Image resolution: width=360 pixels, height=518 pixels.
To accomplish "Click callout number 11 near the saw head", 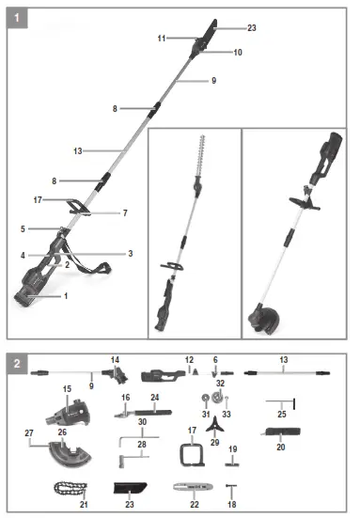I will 162,39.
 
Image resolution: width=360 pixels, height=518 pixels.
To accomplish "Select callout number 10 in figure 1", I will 238,53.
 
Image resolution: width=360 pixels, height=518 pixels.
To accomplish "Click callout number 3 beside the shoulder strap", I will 130,253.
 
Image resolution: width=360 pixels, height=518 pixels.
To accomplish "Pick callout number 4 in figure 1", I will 23,255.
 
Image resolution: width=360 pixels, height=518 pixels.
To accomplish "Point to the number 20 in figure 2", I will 280,447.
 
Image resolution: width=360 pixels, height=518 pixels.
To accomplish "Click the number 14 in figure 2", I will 116,359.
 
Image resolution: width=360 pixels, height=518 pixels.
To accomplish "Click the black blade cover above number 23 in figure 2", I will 132,488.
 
